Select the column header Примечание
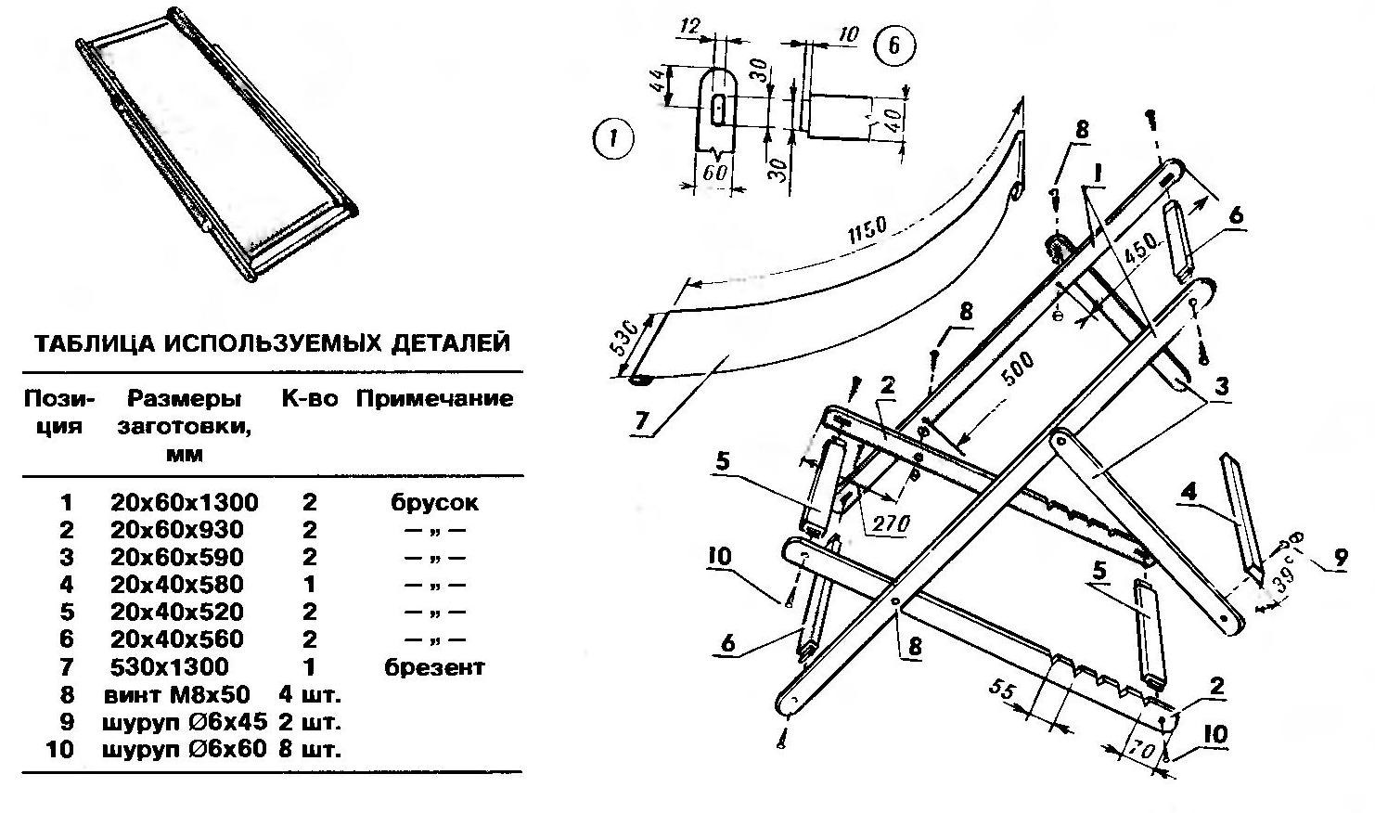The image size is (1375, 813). pos(434,399)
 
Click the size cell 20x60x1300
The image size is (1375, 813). pos(184,503)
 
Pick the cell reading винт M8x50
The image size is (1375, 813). pos(184,694)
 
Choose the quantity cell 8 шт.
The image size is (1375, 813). pos(310,749)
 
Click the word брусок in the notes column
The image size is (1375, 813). pos(434,503)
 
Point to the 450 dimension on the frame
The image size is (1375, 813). pos(1140,247)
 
